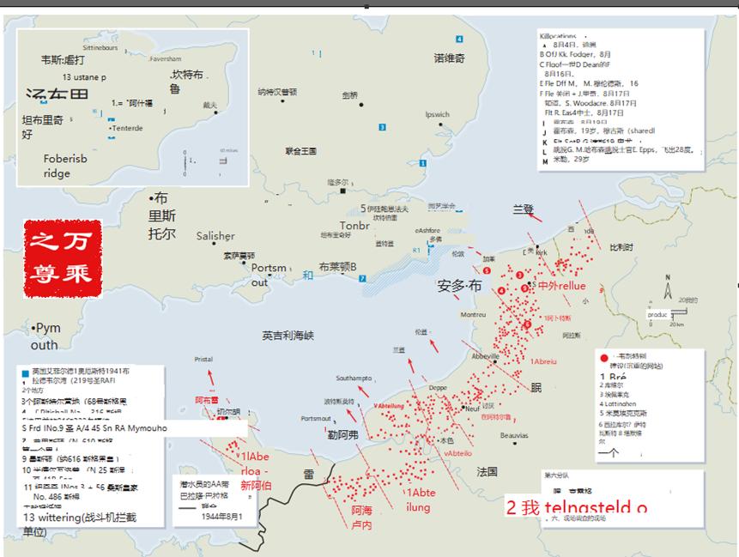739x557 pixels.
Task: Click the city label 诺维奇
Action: (449, 58)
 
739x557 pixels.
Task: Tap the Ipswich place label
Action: (437, 114)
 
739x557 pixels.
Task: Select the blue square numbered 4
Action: (459, 39)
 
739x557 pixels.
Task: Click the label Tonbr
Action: (354, 226)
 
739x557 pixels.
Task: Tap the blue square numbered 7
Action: (363, 278)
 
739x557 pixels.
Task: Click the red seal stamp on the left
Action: (63, 258)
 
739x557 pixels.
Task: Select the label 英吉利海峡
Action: (288, 335)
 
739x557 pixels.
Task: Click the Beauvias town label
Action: (514, 436)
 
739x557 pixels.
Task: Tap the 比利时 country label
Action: (621, 247)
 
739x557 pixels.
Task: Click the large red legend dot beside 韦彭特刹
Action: (603, 356)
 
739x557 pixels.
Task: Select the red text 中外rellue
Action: (561, 286)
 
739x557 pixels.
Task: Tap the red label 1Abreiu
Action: (543, 361)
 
